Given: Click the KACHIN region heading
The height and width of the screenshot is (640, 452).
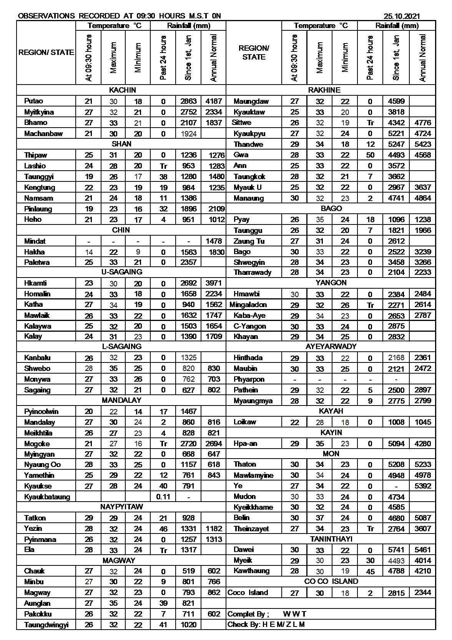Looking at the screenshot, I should pos(122,90).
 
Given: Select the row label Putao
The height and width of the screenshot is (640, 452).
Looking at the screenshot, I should pos(33,101).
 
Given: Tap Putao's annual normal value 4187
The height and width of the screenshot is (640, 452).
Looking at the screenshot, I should pos(214,101).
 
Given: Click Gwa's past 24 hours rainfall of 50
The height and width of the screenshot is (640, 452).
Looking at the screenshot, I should pos(370,155).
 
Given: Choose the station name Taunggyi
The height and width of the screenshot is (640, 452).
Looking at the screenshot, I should pos(39,177).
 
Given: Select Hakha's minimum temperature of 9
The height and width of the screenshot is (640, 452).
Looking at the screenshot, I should pos(138,252).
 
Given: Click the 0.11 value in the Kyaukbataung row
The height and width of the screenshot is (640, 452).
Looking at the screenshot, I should pos(163,497).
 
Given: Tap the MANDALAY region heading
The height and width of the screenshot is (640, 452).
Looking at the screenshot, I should pos(121,401).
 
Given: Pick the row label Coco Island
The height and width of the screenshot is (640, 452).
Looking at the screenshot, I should pos(248,593).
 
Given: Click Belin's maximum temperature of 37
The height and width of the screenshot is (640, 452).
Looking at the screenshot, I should pos(320,518).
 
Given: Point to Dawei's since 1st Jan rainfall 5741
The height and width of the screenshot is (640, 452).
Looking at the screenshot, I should pos(396,550).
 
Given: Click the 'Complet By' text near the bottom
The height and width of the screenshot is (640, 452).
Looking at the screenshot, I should pos(248,614).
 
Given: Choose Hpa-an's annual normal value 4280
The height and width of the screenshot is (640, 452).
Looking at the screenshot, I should pos(423,444).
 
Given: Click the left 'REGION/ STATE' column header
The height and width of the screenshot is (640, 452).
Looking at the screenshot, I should pos(46,53).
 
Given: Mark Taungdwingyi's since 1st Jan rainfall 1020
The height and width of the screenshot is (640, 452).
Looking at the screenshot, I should pos(188,625).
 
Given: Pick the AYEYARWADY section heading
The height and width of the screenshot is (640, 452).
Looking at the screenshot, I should pos(331,347).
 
